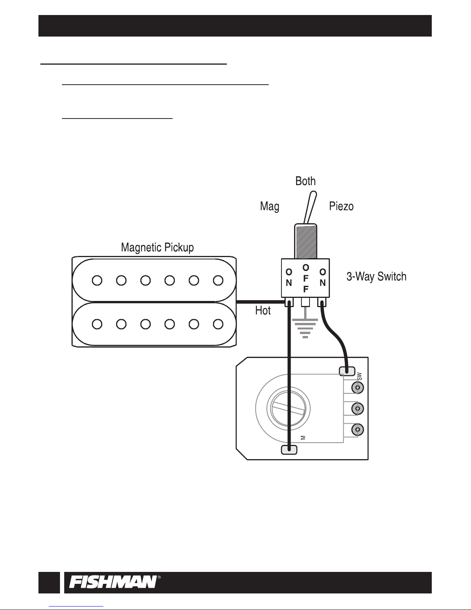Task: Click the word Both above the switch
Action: coord(305,181)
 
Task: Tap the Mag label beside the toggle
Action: coord(270,207)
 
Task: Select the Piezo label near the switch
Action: coord(341,207)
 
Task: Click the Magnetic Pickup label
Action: coord(157,247)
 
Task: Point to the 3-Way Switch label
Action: coord(376,276)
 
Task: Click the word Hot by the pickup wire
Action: coord(263,311)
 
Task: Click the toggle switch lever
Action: coord(309,208)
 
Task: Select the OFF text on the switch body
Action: coord(306,278)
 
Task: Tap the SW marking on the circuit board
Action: coord(359,376)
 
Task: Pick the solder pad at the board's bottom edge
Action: coord(289,450)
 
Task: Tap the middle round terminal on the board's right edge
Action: coord(358,408)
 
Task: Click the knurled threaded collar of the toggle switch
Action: coord(306,241)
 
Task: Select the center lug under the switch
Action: coord(305,302)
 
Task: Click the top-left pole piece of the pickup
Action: coord(97,281)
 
